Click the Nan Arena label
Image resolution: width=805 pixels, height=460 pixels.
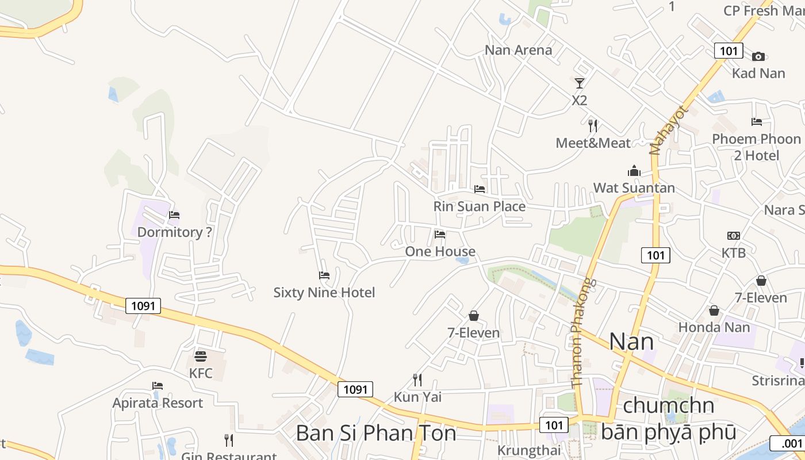pyautogui.click(x=518, y=50)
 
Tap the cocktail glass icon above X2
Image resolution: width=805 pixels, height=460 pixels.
pyautogui.click(x=580, y=83)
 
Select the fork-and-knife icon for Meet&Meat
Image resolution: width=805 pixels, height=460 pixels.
pyautogui.click(x=593, y=125)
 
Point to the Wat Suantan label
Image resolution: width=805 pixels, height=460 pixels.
pyautogui.click(x=634, y=188)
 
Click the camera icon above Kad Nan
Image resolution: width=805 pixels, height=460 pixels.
pyautogui.click(x=758, y=56)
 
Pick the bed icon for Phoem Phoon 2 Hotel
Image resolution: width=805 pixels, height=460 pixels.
pyautogui.click(x=757, y=122)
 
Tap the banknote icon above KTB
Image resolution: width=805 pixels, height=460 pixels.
pyautogui.click(x=733, y=236)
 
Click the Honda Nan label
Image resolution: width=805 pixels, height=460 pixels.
pyautogui.click(x=714, y=327)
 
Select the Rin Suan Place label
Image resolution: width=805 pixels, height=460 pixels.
pyautogui.click(x=479, y=206)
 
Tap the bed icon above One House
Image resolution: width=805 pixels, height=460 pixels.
pyautogui.click(x=440, y=235)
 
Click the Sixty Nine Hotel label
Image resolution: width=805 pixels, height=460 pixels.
pyautogui.click(x=324, y=293)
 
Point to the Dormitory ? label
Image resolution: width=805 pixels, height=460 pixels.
pyautogui.click(x=174, y=232)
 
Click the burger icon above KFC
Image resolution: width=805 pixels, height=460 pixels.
pyautogui.click(x=200, y=356)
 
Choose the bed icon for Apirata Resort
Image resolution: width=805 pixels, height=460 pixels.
pyautogui.click(x=158, y=386)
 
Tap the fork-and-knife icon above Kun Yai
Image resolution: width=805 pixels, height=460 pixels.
pyautogui.click(x=417, y=379)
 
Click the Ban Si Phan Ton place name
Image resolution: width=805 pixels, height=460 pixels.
pyautogui.click(x=376, y=433)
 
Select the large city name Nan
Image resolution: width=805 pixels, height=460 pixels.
pyautogui.click(x=631, y=342)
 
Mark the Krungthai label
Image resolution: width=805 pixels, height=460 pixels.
pyautogui.click(x=528, y=450)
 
